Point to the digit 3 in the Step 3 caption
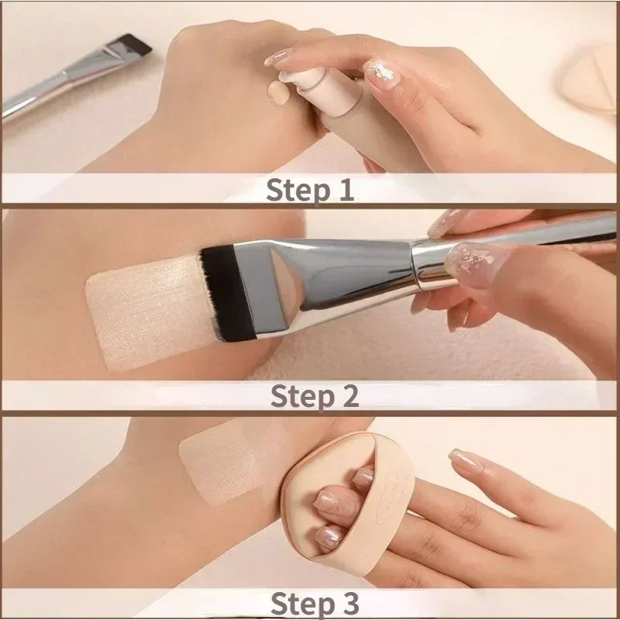pyautogui.click(x=348, y=602)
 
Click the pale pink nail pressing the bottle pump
pyautogui.click(x=279, y=57)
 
